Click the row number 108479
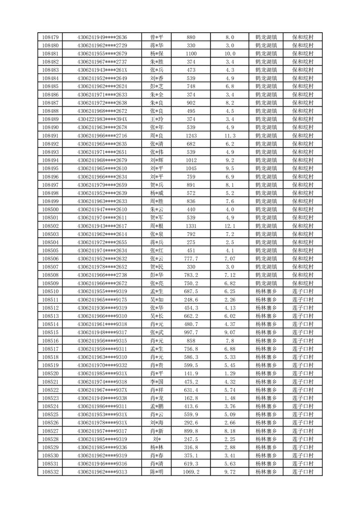click(x=50, y=37)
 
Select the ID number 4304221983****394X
click(x=102, y=119)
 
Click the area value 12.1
click(x=230, y=226)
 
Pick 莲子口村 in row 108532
click(x=303, y=472)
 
